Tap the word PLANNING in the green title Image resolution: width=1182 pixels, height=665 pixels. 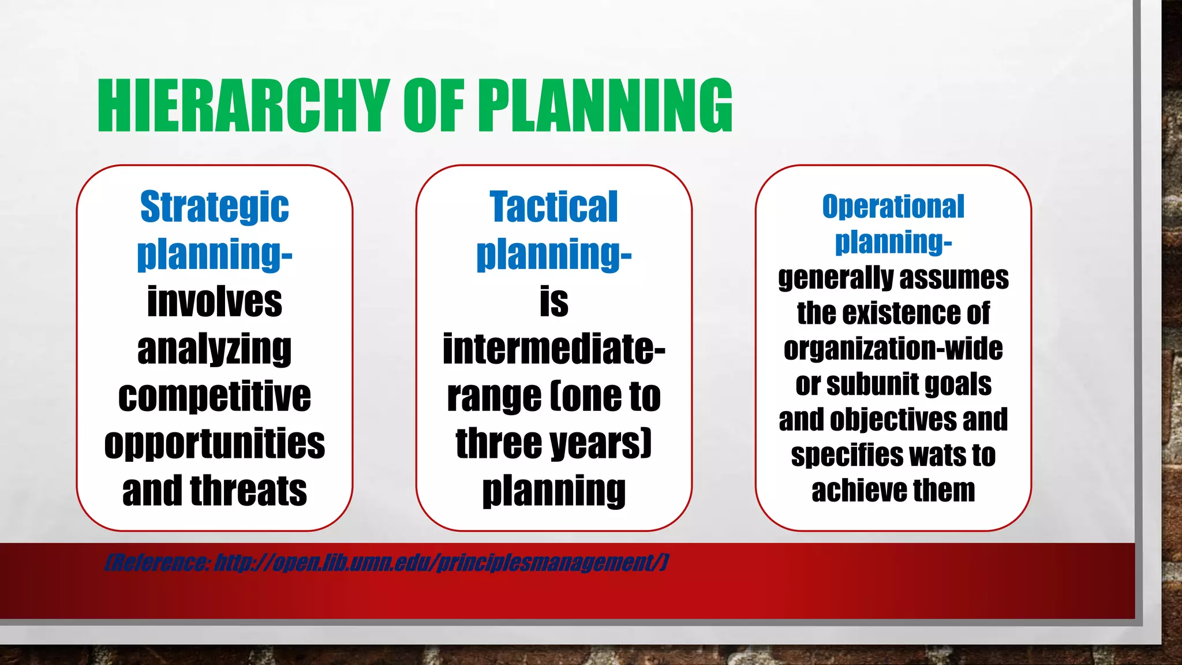tap(605, 106)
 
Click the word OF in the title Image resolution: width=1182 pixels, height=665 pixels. tap(433, 106)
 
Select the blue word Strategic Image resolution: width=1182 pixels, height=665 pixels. tap(214, 207)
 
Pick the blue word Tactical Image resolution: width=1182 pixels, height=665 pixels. tap(553, 207)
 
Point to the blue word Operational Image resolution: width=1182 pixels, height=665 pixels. tap(893, 207)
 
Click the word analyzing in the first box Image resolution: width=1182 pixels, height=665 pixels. tap(214, 350)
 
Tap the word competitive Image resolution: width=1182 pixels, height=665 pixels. tap(214, 397)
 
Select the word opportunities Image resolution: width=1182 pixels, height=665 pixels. tap(214, 444)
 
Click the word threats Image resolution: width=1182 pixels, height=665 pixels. tap(249, 491)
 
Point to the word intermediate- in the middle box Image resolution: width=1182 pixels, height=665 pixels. tap(553, 349)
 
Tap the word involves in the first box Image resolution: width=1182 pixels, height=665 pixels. tap(214, 302)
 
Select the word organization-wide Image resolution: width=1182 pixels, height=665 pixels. tap(893, 349)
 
